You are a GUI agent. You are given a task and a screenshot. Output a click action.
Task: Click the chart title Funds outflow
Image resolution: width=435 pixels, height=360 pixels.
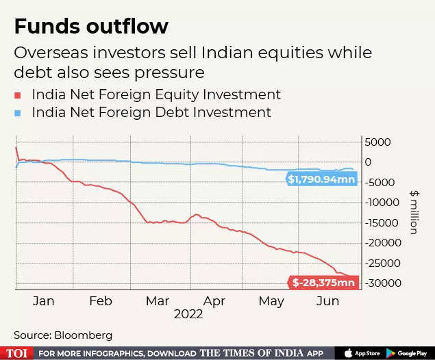click(91, 27)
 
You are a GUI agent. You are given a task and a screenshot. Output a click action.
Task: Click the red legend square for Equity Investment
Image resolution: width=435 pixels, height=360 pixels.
click(18, 95)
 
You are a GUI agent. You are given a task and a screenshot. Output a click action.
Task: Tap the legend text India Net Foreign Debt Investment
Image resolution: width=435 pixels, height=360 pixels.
click(151, 112)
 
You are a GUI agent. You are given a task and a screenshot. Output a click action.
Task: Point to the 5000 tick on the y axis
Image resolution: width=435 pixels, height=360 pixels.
click(378, 142)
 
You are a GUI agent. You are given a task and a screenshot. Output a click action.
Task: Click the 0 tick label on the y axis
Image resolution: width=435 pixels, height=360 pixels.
click(368, 162)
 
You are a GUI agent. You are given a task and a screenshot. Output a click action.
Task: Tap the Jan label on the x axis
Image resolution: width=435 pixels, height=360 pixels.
click(43, 300)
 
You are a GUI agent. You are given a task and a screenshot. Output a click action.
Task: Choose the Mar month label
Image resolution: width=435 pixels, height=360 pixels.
click(158, 300)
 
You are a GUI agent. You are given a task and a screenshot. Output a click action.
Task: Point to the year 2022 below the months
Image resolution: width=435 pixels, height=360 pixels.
click(188, 314)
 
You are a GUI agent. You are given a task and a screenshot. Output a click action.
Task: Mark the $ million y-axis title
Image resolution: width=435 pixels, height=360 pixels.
click(413, 212)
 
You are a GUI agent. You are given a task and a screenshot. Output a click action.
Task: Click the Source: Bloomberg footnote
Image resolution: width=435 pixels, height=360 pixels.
click(63, 335)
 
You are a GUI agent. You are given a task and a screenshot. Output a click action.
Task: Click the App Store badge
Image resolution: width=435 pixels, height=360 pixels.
click(362, 352)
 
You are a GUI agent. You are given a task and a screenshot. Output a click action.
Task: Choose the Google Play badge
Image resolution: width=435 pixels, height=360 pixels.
click(410, 352)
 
